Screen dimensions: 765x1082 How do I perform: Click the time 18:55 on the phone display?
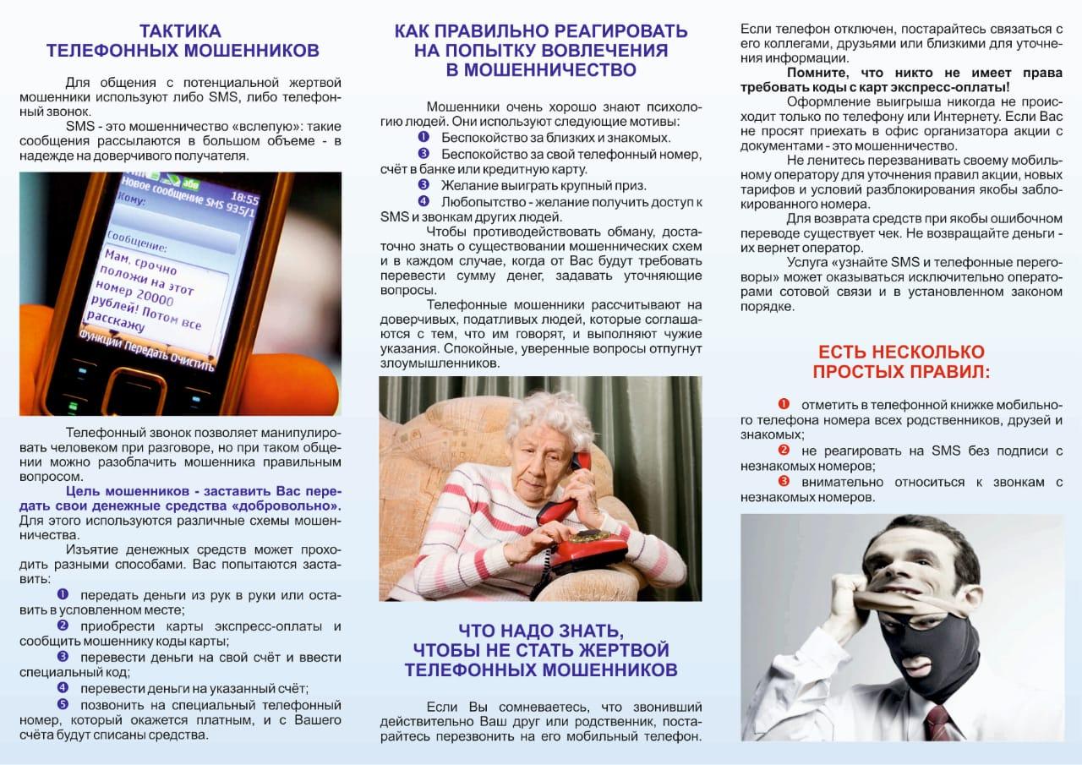(244, 199)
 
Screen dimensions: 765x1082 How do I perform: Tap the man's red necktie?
(939, 723)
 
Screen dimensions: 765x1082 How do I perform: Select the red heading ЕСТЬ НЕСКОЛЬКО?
(901, 352)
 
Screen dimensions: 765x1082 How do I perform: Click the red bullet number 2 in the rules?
(784, 451)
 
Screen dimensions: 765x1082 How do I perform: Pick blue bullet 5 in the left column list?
(63, 703)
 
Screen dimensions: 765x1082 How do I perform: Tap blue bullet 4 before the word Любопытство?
(424, 201)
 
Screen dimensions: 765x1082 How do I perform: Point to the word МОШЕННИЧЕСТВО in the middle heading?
(541, 70)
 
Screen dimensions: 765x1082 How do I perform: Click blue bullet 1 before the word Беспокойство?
(424, 137)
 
